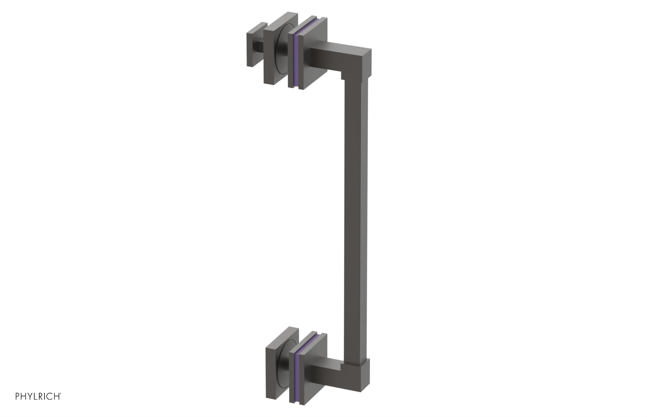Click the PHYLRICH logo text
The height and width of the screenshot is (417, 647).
[38, 396]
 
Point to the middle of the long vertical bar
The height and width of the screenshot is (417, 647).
[356, 218]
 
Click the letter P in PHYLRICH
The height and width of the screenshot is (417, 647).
[17, 396]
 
